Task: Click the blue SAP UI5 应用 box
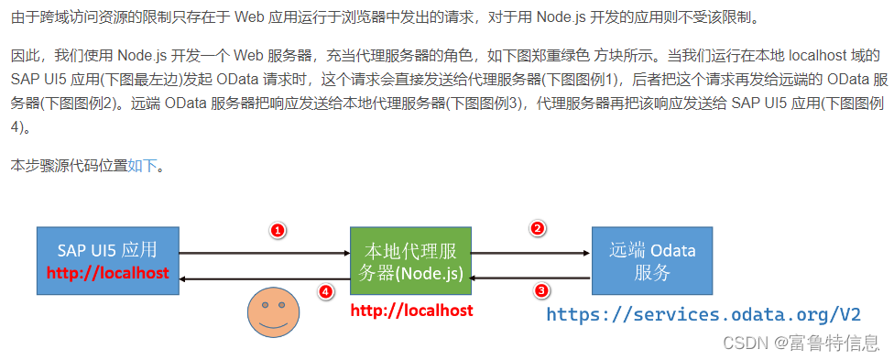pyautogui.click(x=108, y=259)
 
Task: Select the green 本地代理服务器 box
pyautogui.click(x=410, y=259)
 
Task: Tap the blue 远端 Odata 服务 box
pyautogui.click(x=651, y=259)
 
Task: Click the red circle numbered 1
pyautogui.click(x=278, y=230)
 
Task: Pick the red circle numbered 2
pyautogui.click(x=539, y=228)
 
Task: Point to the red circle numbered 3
pyautogui.click(x=541, y=291)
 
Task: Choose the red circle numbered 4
pyautogui.click(x=325, y=291)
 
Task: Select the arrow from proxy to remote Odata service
pyautogui.click(x=529, y=253)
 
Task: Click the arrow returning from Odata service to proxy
pyautogui.click(x=529, y=278)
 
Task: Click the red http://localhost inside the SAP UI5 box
pyautogui.click(x=107, y=273)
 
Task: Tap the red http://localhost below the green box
pyautogui.click(x=411, y=311)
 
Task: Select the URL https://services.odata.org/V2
pyautogui.click(x=703, y=314)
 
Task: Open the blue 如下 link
pyautogui.click(x=142, y=166)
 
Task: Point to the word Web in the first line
pyautogui.click(x=248, y=17)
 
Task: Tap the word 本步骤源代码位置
pyautogui.click(x=69, y=166)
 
